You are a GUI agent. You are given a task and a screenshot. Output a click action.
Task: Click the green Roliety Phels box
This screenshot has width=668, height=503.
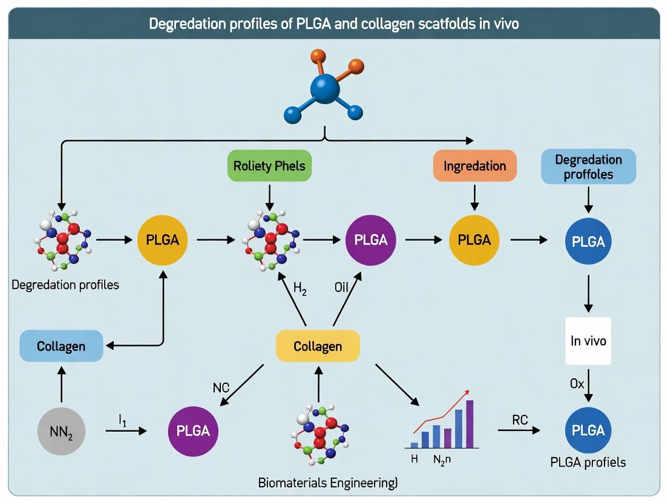269,166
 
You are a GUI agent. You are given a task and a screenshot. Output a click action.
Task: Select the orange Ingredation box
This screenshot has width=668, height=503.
474,166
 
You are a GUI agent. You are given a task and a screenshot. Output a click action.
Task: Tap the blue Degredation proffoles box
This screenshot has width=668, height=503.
588,166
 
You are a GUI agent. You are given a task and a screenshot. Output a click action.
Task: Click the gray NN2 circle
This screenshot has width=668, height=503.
61,431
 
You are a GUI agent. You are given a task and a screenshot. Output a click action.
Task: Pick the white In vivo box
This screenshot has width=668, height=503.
588,341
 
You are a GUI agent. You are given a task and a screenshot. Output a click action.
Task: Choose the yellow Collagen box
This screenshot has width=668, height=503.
318,346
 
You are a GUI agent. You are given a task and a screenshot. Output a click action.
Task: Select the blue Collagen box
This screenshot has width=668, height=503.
61,346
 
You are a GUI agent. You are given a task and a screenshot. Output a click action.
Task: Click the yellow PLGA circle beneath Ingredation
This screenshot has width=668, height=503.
474,239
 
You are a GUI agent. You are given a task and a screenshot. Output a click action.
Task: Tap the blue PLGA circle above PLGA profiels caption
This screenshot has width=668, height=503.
588,430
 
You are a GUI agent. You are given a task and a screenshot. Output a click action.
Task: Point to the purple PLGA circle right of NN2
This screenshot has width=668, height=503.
193,431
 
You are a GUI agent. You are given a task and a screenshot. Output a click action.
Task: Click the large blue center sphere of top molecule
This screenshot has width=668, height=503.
326,89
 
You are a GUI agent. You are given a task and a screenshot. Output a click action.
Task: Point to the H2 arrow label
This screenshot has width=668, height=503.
300,289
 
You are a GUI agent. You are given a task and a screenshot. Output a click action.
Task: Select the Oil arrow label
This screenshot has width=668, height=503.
341,288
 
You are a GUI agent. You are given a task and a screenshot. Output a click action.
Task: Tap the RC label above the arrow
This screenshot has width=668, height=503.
520,420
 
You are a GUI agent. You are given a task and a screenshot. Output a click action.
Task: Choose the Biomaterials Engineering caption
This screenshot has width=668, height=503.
327,482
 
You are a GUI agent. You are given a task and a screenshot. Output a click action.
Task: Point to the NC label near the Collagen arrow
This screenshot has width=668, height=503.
221,388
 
